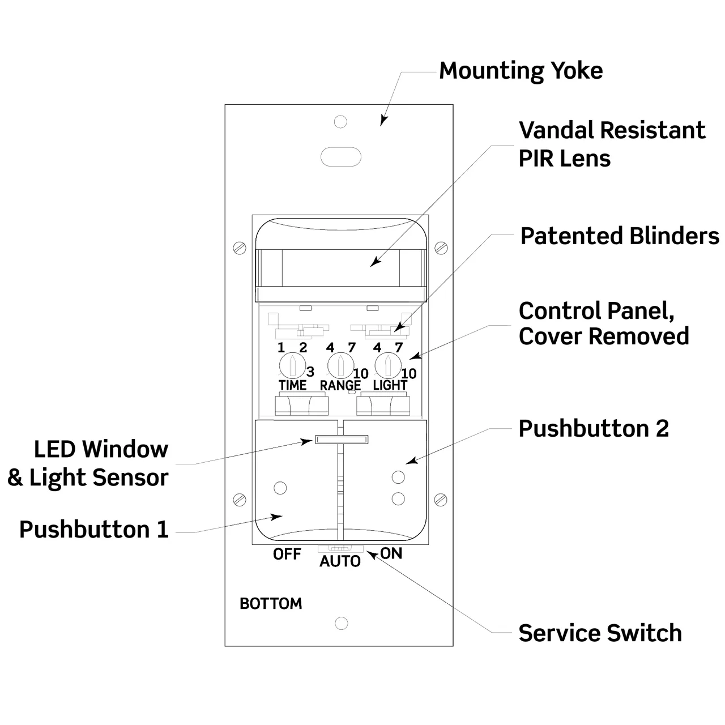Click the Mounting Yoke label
521,71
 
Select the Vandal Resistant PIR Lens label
612,144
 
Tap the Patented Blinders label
620,236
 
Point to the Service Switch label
600,633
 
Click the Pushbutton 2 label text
594,429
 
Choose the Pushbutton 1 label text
94,530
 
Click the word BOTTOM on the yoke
271,604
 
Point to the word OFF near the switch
287,554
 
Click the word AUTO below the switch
340,561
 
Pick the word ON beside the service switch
391,553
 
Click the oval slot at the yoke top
340,156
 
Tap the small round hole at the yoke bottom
341,623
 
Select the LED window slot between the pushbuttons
342,439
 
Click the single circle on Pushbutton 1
280,487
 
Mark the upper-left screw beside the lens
240,248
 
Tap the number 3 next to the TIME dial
310,372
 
